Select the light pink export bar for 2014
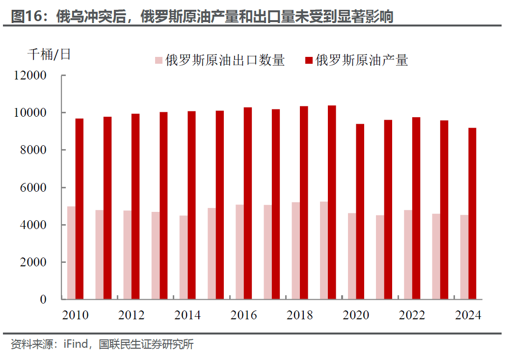pos(184,257)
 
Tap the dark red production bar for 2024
pos(472,213)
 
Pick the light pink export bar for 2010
pos(71,253)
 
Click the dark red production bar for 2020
pos(360,211)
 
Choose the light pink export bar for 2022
pos(408,255)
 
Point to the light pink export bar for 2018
pos(296,251)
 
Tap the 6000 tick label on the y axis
pos(34,187)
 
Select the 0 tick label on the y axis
pos(43,299)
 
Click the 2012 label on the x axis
pos(132,315)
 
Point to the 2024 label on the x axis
pos(468,315)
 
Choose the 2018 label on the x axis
pos(300,315)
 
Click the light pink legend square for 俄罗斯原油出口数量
pos(159,60)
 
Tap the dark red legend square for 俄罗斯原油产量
pos(309,60)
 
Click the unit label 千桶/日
pos(49,54)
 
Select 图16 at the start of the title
pos(25,17)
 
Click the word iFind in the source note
pos(76,344)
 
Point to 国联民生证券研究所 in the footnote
pos(146,344)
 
